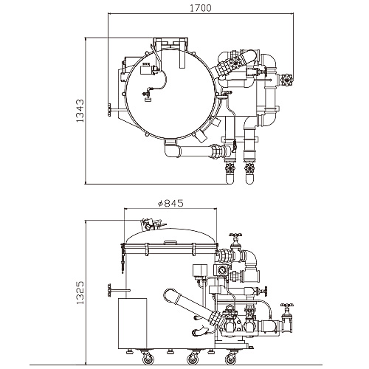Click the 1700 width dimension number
tap(201, 8)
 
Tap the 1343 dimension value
tap(80, 111)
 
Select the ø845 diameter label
tap(170, 203)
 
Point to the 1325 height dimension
tap(80, 293)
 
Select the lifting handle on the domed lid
tap(170, 243)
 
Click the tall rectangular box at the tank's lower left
tap(133, 323)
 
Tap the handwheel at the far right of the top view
tap(287, 80)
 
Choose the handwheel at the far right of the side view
tap(287, 306)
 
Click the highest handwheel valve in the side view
tap(235, 235)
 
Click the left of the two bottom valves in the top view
tap(230, 168)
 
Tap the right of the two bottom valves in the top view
tap(249, 168)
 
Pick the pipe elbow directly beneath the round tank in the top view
tap(171, 150)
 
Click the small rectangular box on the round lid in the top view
tap(145, 70)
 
